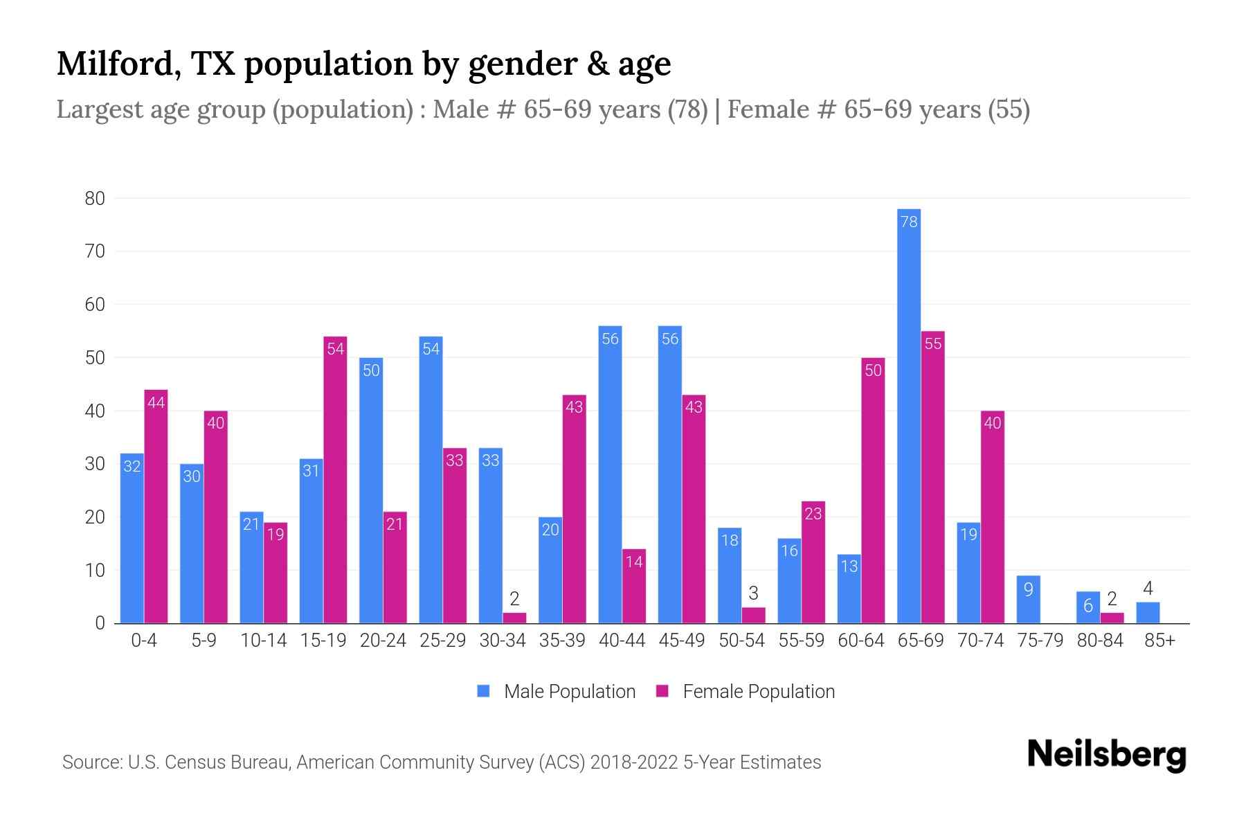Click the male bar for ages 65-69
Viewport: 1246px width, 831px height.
point(908,415)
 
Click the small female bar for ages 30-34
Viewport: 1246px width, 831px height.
point(514,618)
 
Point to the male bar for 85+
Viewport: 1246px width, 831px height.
point(1148,613)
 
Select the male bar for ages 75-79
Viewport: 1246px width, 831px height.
point(1028,600)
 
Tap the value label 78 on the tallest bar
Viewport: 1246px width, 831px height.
point(908,222)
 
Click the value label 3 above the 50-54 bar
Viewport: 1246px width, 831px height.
point(753,593)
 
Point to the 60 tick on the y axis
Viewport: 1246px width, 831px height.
point(95,305)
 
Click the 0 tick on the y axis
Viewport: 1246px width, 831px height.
point(100,623)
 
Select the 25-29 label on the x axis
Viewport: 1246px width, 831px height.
point(442,641)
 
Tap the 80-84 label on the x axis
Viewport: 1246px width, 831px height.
point(1099,641)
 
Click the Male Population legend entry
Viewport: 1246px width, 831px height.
point(557,691)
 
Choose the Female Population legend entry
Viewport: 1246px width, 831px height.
point(746,691)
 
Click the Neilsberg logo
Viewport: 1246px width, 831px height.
point(1106,755)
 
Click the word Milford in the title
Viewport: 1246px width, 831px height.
point(118,64)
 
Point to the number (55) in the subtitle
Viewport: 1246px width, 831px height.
point(1009,109)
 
